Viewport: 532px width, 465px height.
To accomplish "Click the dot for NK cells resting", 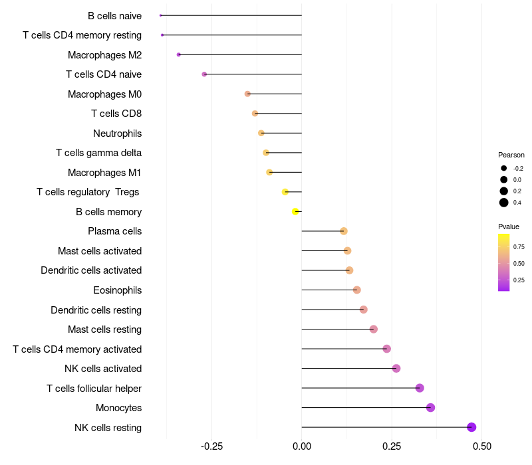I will point(471,427).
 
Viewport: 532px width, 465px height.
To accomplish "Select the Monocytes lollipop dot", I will point(430,407).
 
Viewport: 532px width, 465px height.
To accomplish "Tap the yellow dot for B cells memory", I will point(295,211).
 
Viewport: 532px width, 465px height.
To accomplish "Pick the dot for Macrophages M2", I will point(178,54).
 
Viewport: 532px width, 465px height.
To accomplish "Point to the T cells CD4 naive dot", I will point(204,74).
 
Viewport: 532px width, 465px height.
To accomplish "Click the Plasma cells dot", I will point(343,231).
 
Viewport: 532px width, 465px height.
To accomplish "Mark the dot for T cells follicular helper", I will point(420,388).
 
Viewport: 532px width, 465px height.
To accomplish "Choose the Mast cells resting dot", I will point(373,329).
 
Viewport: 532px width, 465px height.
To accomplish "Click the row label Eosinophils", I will point(117,290).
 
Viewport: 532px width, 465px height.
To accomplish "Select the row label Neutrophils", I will point(117,134).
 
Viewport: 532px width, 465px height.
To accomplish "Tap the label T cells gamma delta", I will point(98,153).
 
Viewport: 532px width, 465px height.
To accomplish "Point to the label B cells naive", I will point(114,16).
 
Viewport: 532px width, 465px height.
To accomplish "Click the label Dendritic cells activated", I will point(91,270).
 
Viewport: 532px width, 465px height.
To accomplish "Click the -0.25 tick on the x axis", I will point(211,446).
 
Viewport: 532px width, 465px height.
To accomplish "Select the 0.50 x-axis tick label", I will point(481,446).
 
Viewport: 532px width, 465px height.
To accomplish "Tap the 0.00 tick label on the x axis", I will point(301,446).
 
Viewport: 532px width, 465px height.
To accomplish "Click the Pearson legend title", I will point(511,155).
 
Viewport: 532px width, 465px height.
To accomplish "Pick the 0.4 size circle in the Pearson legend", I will point(504,203).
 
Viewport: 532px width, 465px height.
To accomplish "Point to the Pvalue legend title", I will point(509,227).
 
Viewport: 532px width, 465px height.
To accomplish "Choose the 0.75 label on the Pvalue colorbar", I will point(519,246).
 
